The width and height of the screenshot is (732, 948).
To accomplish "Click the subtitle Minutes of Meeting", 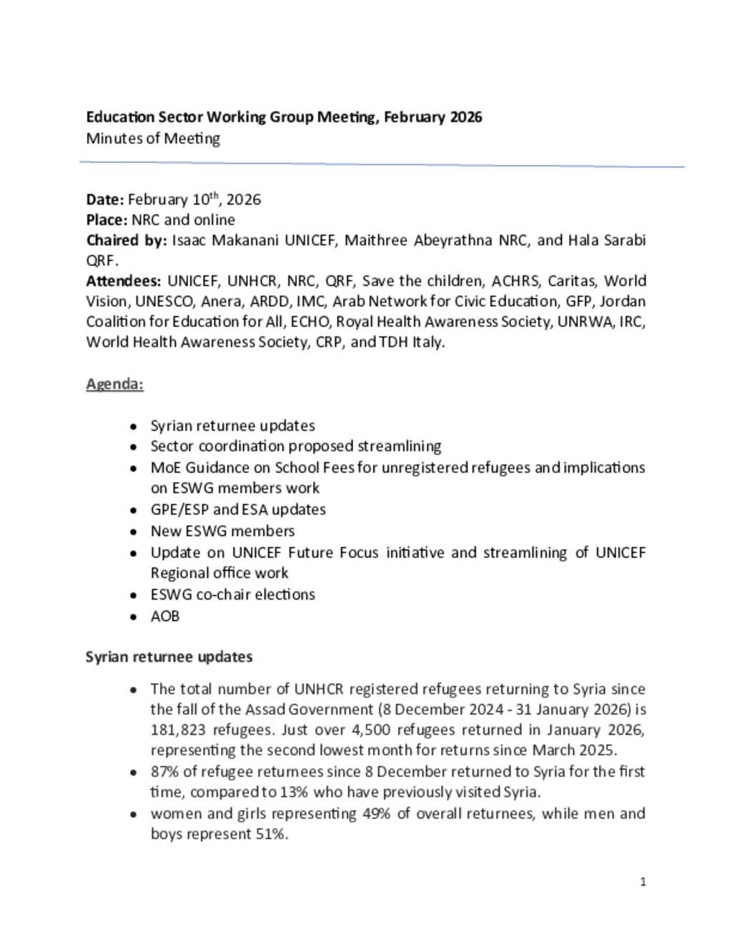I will point(152,139).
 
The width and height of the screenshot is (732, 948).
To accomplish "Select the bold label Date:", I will point(105,200).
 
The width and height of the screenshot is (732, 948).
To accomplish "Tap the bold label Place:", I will point(107,220).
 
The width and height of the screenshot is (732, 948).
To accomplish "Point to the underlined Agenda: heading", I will point(114,384).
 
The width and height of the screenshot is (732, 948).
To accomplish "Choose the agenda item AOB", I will point(164,617).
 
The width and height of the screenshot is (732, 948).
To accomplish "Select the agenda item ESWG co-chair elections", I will point(232,595).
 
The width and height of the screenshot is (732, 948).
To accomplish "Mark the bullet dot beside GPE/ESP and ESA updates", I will point(134,511).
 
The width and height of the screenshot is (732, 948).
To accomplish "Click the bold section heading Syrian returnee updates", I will point(169,658).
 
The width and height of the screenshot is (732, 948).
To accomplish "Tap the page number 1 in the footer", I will point(643,882).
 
